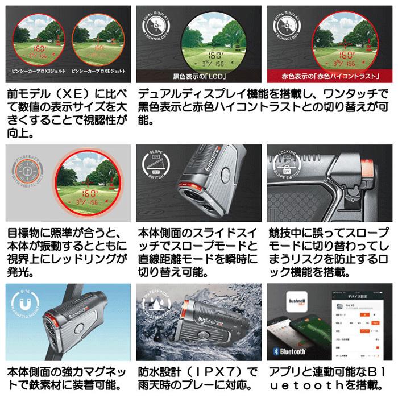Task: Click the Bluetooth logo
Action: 289,351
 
